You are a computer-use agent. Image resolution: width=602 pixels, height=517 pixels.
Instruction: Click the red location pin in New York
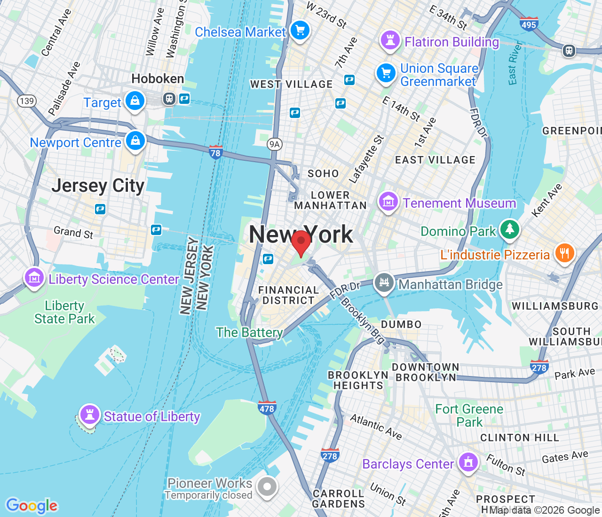coord(301,241)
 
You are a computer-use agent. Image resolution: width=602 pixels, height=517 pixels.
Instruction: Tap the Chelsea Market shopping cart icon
coord(300,31)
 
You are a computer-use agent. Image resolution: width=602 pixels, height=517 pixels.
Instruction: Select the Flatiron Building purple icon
coord(390,40)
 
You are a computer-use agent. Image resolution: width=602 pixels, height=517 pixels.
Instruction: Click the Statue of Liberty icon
coord(89,415)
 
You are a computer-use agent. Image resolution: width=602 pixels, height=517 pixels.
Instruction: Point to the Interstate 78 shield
coord(215,152)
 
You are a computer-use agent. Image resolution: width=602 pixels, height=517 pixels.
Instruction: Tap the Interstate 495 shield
coord(529,24)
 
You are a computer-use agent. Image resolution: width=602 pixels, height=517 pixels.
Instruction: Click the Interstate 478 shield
coord(267,408)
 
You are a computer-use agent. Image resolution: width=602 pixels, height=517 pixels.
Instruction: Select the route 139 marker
coord(26,101)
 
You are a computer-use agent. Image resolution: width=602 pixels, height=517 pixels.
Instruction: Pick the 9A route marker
coord(274,144)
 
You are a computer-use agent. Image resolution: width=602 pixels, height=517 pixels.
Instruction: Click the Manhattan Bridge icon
coord(384,282)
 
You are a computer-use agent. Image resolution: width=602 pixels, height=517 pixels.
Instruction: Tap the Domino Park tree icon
coord(509,229)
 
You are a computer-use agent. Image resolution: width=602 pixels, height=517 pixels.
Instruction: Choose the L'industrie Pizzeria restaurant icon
coord(564,253)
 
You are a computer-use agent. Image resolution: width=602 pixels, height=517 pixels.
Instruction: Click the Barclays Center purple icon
coord(468,462)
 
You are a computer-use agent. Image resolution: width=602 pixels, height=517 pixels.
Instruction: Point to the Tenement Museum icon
coord(388,202)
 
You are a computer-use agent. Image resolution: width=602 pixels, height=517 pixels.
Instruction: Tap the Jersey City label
coord(98,186)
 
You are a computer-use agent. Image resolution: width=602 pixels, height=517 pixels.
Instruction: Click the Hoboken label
coord(158,78)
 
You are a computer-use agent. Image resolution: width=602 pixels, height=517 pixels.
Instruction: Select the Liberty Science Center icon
coord(34,278)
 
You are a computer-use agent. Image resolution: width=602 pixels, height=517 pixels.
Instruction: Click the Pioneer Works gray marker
coord(267,486)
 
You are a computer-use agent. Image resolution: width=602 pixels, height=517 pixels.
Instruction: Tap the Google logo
coord(32,506)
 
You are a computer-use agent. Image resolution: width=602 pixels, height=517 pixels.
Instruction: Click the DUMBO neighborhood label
coord(401,324)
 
